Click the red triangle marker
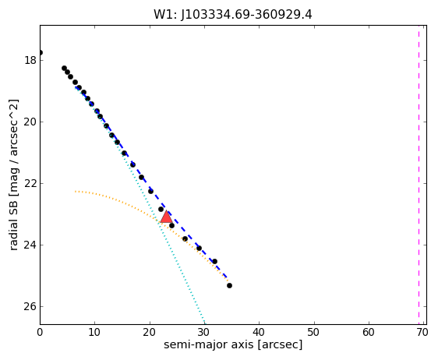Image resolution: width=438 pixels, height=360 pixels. [x=167, y=217]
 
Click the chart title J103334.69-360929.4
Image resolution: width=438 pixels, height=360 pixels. [x=246, y=15]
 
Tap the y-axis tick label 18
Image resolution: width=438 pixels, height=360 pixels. [x=30, y=60]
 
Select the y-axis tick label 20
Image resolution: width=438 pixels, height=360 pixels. [x=30, y=122]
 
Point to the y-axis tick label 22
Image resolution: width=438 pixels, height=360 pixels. [x=30, y=183]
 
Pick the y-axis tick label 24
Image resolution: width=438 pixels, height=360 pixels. [x=30, y=245]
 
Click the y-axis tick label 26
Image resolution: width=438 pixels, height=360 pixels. [x=30, y=307]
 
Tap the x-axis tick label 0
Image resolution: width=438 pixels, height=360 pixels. [x=40, y=333]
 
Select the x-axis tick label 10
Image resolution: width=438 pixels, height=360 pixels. [x=94, y=333]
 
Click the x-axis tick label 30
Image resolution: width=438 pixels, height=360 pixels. [x=204, y=333]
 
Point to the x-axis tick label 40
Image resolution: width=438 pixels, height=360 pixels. [x=259, y=333]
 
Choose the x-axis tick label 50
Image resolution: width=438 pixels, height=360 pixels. [x=314, y=333]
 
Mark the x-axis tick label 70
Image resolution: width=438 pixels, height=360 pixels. [x=422, y=333]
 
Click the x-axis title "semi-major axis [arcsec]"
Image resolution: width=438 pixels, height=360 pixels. [x=233, y=344]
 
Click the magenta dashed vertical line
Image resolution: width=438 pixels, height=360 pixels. [x=419, y=175]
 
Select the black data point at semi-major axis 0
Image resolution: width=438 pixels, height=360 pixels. [x=41, y=52]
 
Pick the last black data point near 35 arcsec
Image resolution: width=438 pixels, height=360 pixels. [x=229, y=285]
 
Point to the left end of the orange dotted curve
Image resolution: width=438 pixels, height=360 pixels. [x=75, y=192]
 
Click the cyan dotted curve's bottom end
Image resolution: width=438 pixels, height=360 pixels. [x=204, y=323]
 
